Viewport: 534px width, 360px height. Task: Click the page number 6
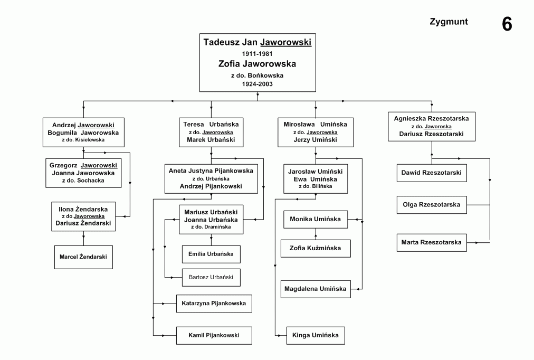pos(507,24)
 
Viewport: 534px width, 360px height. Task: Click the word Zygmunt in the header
pos(449,22)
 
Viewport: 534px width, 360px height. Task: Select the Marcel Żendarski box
pos(83,257)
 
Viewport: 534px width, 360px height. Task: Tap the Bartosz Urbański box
pos(211,277)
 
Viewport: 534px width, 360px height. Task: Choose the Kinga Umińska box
pos(316,336)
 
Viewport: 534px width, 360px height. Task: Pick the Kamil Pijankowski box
pos(214,336)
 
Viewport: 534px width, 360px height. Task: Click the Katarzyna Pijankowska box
pos(214,304)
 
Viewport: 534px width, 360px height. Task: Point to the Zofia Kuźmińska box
pos(316,248)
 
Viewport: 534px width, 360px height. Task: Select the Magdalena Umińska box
pos(316,289)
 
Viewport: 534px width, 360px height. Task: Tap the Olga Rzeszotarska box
pos(432,205)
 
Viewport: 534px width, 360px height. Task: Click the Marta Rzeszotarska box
pos(432,242)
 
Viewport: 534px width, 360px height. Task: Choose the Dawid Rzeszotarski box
pos(432,173)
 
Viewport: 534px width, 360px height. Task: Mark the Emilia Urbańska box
pos(211,254)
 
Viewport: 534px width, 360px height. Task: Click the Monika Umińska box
pos(316,220)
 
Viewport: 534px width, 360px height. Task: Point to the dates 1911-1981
pos(257,54)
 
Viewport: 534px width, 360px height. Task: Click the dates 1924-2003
pos(257,84)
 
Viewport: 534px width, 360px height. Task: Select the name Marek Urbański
pos(211,140)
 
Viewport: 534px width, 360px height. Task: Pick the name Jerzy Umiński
pos(316,140)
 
